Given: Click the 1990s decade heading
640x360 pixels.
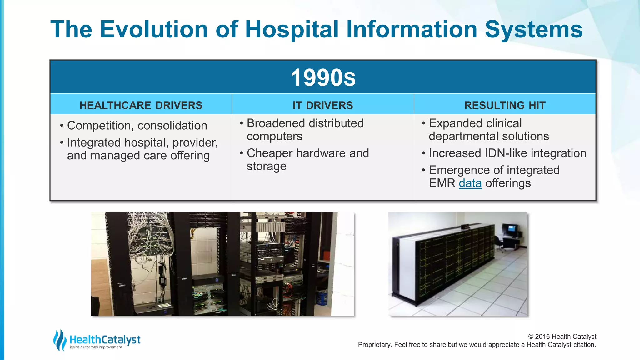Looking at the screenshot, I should click(323, 77).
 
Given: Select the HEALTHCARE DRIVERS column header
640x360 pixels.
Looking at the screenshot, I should click(141, 105).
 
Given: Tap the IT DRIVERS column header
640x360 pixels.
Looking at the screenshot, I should click(323, 105).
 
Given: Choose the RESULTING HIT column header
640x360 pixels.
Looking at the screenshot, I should click(505, 105).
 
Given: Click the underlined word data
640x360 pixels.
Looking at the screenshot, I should click(470, 183).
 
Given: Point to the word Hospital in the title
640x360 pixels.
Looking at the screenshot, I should click(292, 29).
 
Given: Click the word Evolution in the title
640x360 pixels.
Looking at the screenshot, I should click(154, 29).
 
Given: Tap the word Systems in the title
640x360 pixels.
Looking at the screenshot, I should click(533, 29).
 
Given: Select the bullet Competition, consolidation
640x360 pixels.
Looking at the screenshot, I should click(137, 126).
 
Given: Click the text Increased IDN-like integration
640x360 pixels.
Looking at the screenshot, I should click(507, 153).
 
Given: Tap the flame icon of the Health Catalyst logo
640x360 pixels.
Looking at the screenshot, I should click(59, 340).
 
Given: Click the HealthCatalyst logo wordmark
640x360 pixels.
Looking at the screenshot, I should click(105, 339).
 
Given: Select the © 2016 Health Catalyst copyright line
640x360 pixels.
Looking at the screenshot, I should click(562, 337).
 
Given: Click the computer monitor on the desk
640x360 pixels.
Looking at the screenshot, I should click(510, 229).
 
